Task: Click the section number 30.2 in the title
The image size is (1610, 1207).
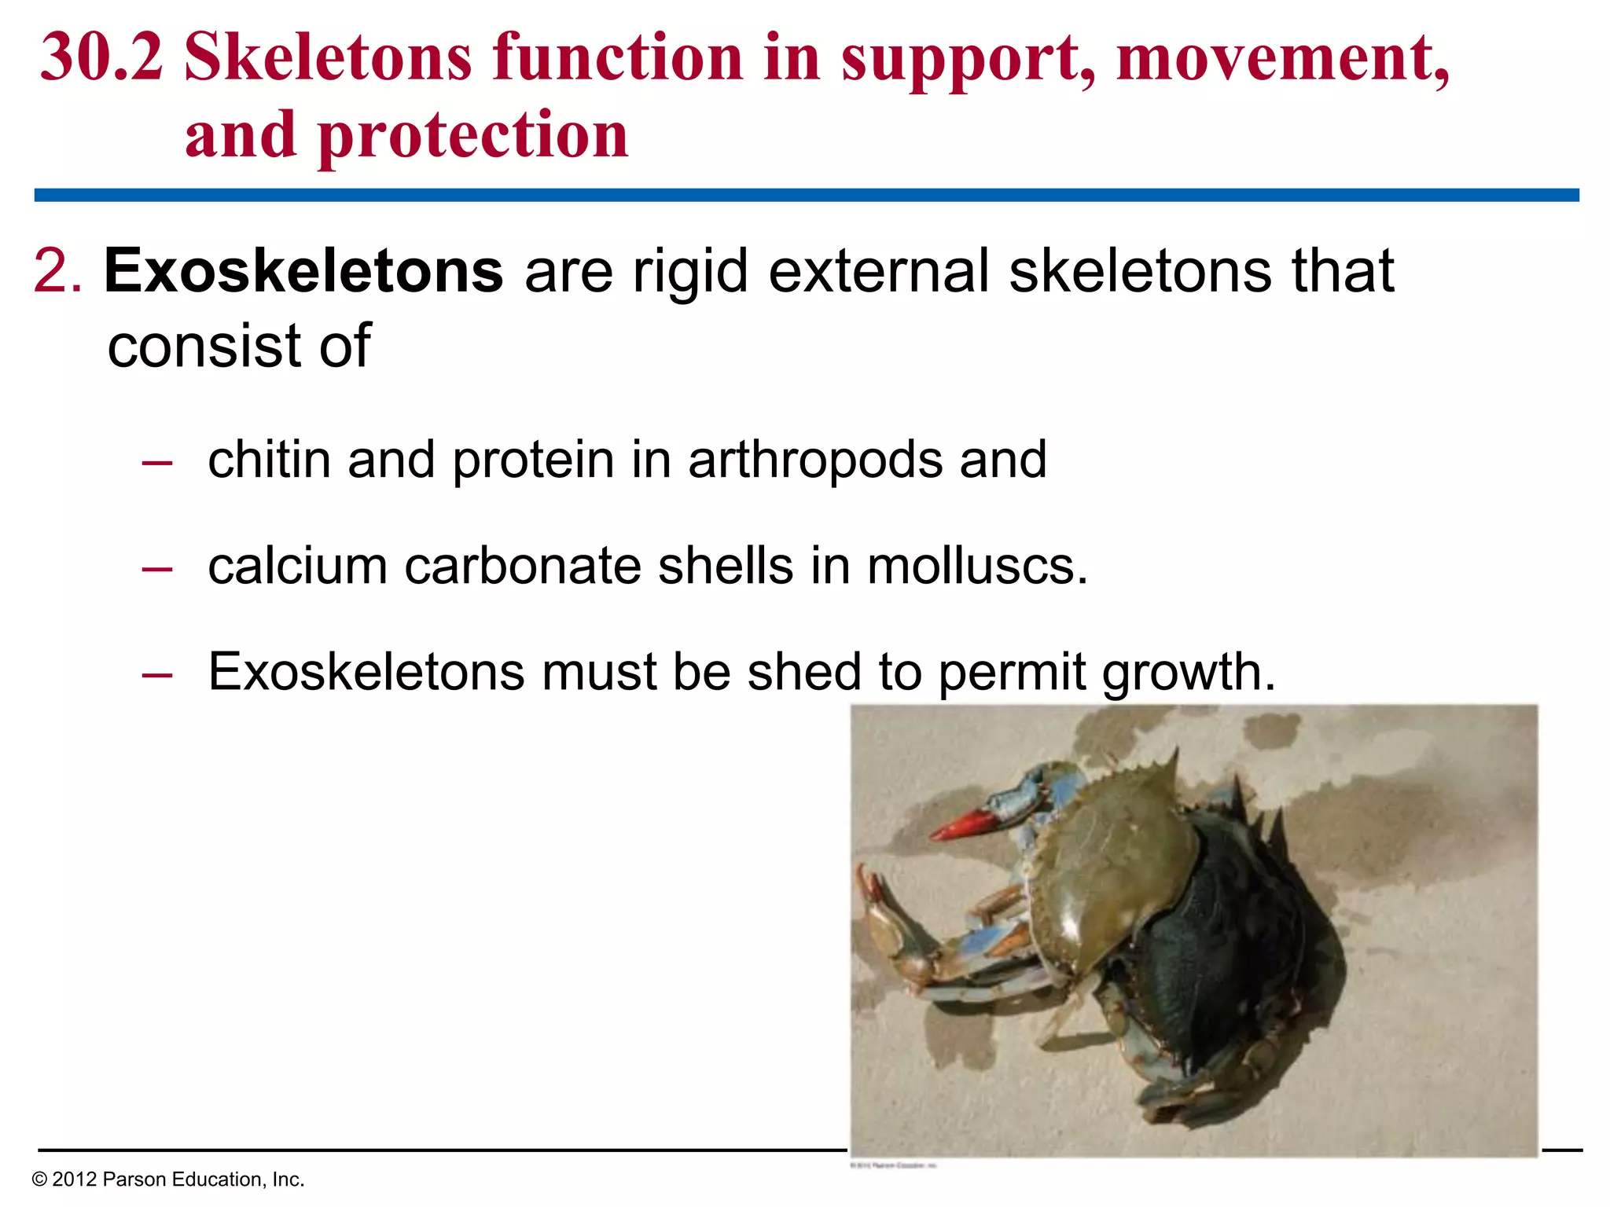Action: pyautogui.click(x=102, y=58)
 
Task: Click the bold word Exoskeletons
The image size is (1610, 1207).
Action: pyautogui.click(x=303, y=271)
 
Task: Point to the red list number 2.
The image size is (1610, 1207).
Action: pyautogui.click(x=57, y=271)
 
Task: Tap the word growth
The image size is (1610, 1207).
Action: pyautogui.click(x=1187, y=674)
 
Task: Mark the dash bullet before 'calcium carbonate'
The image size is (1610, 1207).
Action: pyautogui.click(x=157, y=567)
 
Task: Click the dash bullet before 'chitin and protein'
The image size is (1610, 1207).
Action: pyautogui.click(x=157, y=461)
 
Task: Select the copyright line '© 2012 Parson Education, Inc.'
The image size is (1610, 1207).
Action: pyautogui.click(x=167, y=1179)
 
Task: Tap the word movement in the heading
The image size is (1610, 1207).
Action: pyautogui.click(x=1282, y=58)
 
